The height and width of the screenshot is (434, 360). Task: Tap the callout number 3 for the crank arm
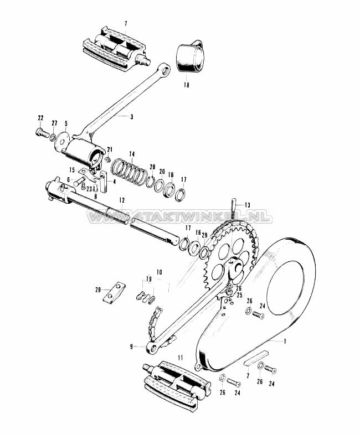(x=132, y=117)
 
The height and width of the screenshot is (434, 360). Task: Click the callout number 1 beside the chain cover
(x=285, y=341)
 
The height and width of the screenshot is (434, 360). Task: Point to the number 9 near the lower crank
(x=131, y=347)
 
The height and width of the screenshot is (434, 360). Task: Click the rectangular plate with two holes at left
(x=112, y=294)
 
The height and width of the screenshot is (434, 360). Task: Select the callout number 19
(x=148, y=279)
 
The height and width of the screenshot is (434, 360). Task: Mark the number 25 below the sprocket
(x=240, y=295)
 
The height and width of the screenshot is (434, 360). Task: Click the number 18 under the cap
(x=186, y=86)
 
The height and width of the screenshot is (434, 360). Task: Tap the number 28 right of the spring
(x=152, y=166)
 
